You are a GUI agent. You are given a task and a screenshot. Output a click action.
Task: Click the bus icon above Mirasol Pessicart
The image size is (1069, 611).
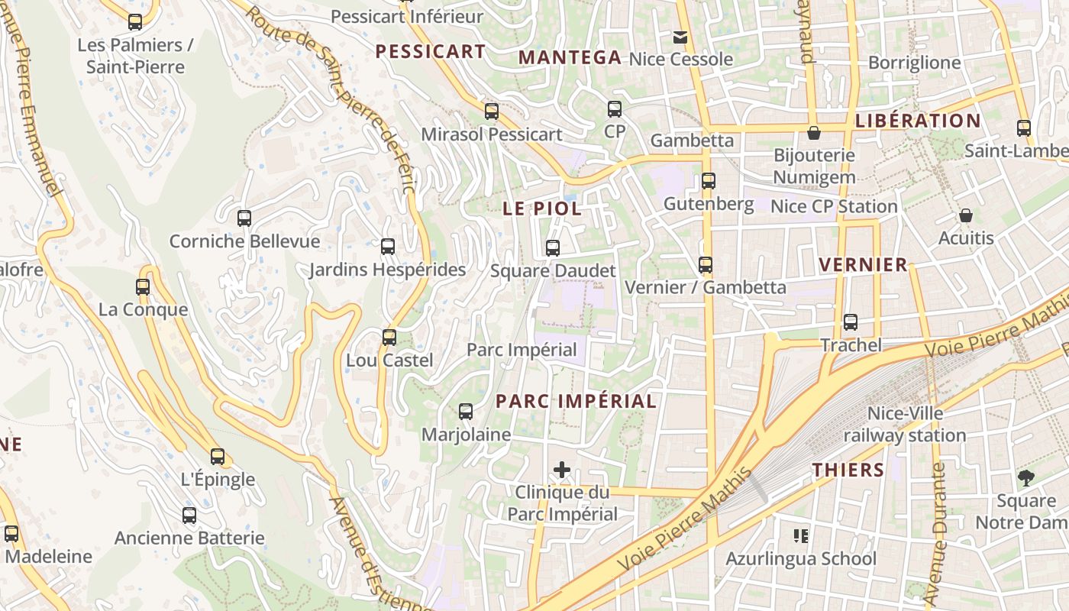pyautogui.click(x=492, y=112)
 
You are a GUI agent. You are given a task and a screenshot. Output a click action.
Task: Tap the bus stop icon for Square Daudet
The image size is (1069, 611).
pyautogui.click(x=553, y=248)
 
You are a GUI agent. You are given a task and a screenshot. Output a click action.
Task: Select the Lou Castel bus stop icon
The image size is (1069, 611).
pyautogui.click(x=389, y=337)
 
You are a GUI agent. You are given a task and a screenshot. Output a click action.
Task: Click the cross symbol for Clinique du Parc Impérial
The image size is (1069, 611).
pyautogui.click(x=562, y=470)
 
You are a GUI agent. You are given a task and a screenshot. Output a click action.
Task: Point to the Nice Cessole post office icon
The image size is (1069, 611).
pyautogui.click(x=680, y=37)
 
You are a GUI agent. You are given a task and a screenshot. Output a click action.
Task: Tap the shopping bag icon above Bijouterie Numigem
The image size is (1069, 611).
pyautogui.click(x=814, y=133)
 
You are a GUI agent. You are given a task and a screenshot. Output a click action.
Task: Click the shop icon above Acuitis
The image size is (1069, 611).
pyautogui.click(x=966, y=216)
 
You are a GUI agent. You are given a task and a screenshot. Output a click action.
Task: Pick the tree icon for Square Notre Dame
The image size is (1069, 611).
pyautogui.click(x=1025, y=479)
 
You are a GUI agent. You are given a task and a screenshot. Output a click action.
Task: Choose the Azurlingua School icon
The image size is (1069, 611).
pyautogui.click(x=800, y=536)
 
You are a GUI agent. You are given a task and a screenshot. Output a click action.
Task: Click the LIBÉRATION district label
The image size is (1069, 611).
pyautogui.click(x=918, y=121)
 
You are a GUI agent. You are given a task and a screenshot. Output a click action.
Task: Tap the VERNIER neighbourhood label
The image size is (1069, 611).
pyautogui.click(x=863, y=265)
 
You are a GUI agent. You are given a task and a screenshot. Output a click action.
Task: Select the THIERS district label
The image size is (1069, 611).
pyautogui.click(x=848, y=470)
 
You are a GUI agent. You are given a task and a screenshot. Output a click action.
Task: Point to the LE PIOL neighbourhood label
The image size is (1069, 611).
pyautogui.click(x=542, y=209)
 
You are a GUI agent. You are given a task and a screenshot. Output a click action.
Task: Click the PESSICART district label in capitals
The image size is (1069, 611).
pyautogui.click(x=431, y=52)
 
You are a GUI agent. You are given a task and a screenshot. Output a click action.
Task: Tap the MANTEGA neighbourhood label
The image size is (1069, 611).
pyautogui.click(x=570, y=57)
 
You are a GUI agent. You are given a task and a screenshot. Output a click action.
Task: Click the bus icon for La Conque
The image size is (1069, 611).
pyautogui.click(x=143, y=287)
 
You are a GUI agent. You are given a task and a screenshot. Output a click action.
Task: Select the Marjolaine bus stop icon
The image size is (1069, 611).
pyautogui.click(x=466, y=412)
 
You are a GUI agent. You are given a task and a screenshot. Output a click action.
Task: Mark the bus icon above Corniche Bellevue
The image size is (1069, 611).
pyautogui.click(x=244, y=218)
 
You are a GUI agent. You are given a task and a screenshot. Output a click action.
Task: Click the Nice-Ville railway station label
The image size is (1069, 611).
pyautogui.click(x=905, y=425)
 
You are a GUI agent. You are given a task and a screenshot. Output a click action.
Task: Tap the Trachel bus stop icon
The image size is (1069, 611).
pyautogui.click(x=851, y=322)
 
